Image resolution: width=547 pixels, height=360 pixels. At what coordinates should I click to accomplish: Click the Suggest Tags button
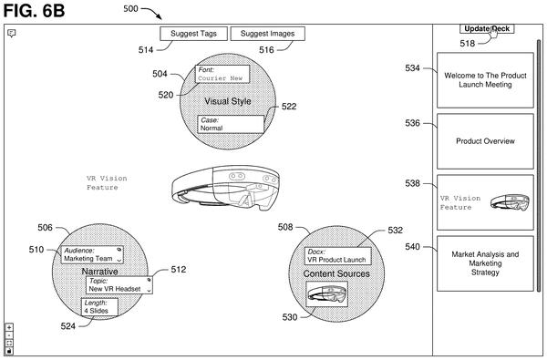(193, 34)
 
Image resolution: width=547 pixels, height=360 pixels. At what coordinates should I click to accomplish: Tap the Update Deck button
(487, 28)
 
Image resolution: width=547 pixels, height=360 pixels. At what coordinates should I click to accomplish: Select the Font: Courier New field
(222, 74)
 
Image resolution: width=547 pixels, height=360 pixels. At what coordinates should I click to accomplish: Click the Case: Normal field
(231, 124)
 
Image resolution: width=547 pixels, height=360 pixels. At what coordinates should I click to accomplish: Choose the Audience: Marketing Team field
(92, 254)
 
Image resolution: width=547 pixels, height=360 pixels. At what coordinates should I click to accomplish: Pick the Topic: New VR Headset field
(119, 285)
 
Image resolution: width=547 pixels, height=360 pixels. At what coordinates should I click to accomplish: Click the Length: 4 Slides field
(99, 307)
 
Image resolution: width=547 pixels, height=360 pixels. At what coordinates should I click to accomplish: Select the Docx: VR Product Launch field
(337, 256)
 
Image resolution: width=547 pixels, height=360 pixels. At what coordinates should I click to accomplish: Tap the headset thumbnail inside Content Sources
(327, 294)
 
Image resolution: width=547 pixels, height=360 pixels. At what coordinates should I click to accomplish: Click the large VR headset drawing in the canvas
(225, 188)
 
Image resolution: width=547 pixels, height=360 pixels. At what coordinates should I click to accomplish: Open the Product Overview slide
(485, 141)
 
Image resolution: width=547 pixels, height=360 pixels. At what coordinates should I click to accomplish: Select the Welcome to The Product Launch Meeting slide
(485, 80)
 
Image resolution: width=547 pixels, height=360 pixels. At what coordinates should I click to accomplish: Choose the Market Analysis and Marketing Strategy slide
(485, 263)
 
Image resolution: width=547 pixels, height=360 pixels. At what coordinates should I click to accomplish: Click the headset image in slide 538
(510, 202)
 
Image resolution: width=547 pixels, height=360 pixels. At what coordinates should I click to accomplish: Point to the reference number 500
(130, 9)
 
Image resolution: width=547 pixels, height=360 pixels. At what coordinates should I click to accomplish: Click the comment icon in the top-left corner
(12, 33)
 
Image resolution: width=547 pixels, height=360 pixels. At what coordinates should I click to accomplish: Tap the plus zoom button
(9, 327)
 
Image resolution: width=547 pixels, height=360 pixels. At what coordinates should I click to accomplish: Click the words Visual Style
(228, 101)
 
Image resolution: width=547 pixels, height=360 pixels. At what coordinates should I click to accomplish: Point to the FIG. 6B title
(35, 10)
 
